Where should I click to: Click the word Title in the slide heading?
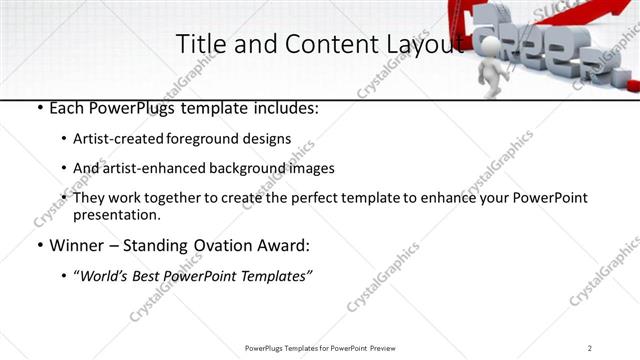tap(199, 44)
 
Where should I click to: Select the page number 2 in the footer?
tap(590, 348)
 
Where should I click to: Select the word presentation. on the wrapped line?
tap(117, 214)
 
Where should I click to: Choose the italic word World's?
tap(105, 276)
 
